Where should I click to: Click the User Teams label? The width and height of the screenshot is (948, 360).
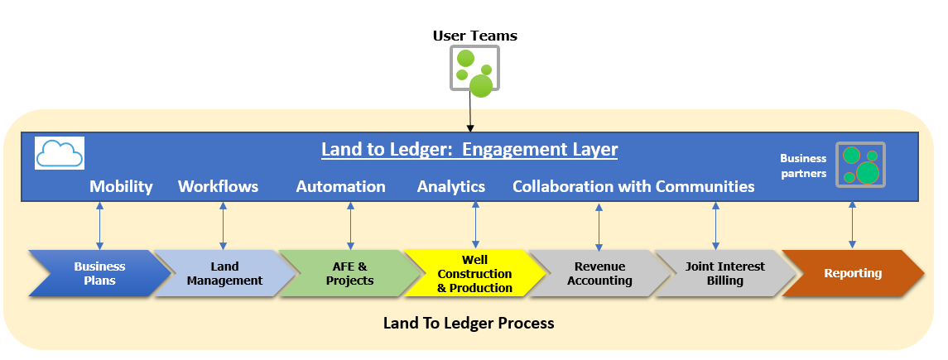coord(474,36)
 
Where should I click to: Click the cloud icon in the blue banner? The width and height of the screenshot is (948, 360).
coord(60,153)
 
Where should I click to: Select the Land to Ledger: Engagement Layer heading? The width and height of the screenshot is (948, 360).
coord(469,150)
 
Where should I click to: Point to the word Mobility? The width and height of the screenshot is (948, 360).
coord(121,186)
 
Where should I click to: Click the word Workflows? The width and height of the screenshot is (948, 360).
coord(218,186)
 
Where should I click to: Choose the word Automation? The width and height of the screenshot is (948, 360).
coord(340,186)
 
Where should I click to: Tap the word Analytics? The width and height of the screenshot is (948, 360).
coord(450,186)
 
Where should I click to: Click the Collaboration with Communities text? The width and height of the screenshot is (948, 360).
coord(633,186)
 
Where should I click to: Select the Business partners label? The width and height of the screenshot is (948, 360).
coord(803,166)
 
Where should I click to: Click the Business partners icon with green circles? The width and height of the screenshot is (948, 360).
coord(859,164)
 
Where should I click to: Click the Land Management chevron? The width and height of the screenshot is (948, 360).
coord(224,273)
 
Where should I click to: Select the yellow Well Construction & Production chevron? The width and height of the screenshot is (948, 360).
coord(474,274)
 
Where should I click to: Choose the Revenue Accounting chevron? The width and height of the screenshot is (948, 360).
coord(599,273)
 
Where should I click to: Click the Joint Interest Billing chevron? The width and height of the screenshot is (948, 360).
coord(725,273)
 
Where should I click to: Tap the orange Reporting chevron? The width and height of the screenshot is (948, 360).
coord(852,273)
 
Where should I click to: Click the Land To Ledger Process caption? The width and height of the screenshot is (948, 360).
coord(469,323)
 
